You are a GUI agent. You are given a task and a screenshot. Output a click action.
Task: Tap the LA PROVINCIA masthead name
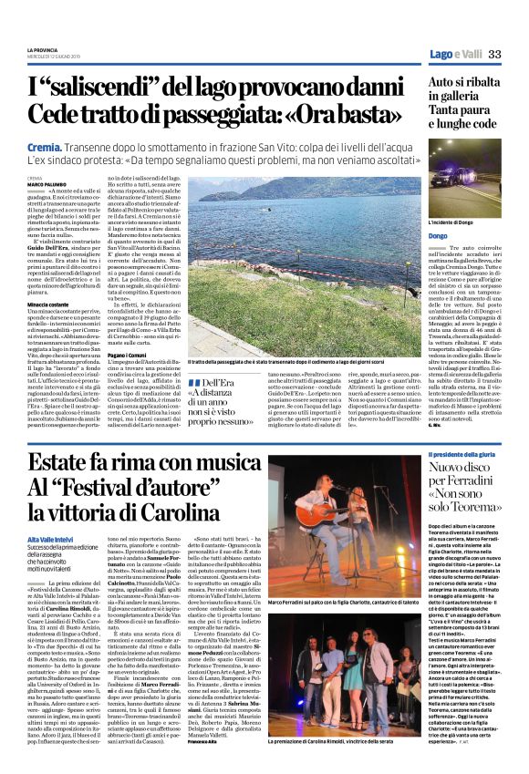coord(43,48)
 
